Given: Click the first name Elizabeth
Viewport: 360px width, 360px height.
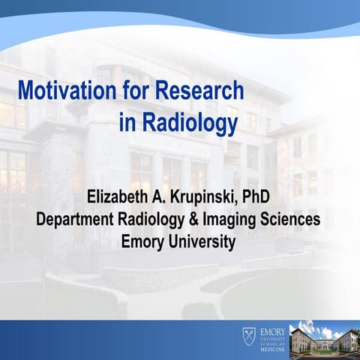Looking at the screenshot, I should tap(121, 199).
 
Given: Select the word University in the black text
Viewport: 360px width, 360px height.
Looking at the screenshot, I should tap(202, 241).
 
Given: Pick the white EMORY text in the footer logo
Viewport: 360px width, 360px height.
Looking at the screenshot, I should tap(271, 328).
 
